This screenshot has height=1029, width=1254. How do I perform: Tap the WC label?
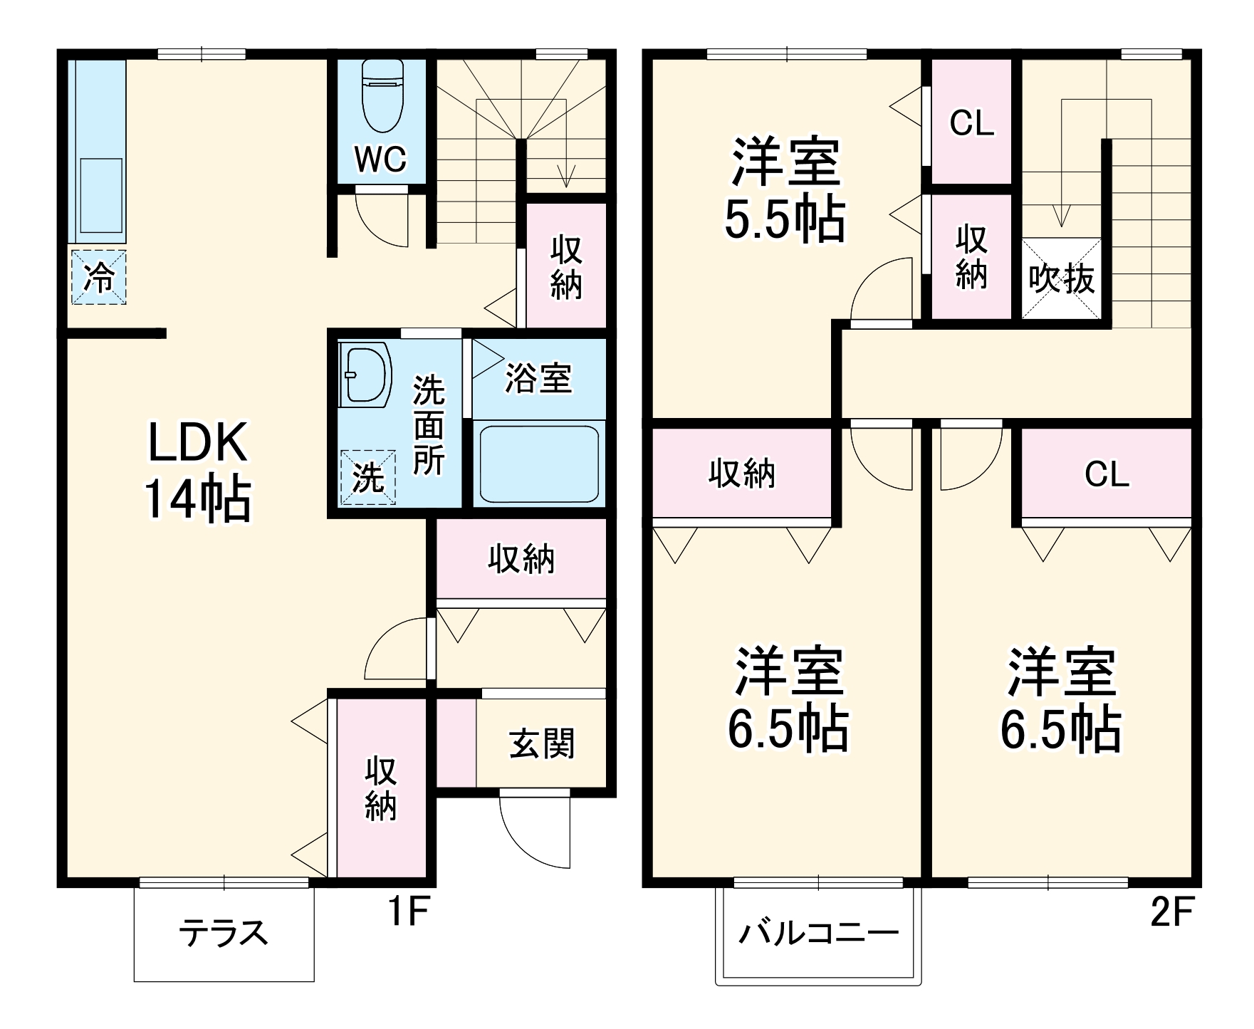(x=380, y=160)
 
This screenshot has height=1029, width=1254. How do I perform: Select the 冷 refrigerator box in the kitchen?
(x=98, y=278)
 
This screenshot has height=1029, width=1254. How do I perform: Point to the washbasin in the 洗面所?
(x=365, y=375)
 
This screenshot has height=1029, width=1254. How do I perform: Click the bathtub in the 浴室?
(x=538, y=464)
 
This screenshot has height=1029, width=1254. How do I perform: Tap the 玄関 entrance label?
(x=542, y=744)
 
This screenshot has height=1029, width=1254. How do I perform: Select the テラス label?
(x=224, y=932)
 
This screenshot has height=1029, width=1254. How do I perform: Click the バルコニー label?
(x=818, y=932)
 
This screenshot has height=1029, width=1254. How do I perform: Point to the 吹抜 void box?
(x=1061, y=278)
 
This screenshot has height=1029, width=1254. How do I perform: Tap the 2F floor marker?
(x=1171, y=913)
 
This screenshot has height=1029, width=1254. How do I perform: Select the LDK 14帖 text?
(x=198, y=471)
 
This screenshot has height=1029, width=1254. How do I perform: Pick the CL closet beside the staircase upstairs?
(x=971, y=124)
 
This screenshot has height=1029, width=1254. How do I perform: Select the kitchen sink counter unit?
(x=98, y=152)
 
